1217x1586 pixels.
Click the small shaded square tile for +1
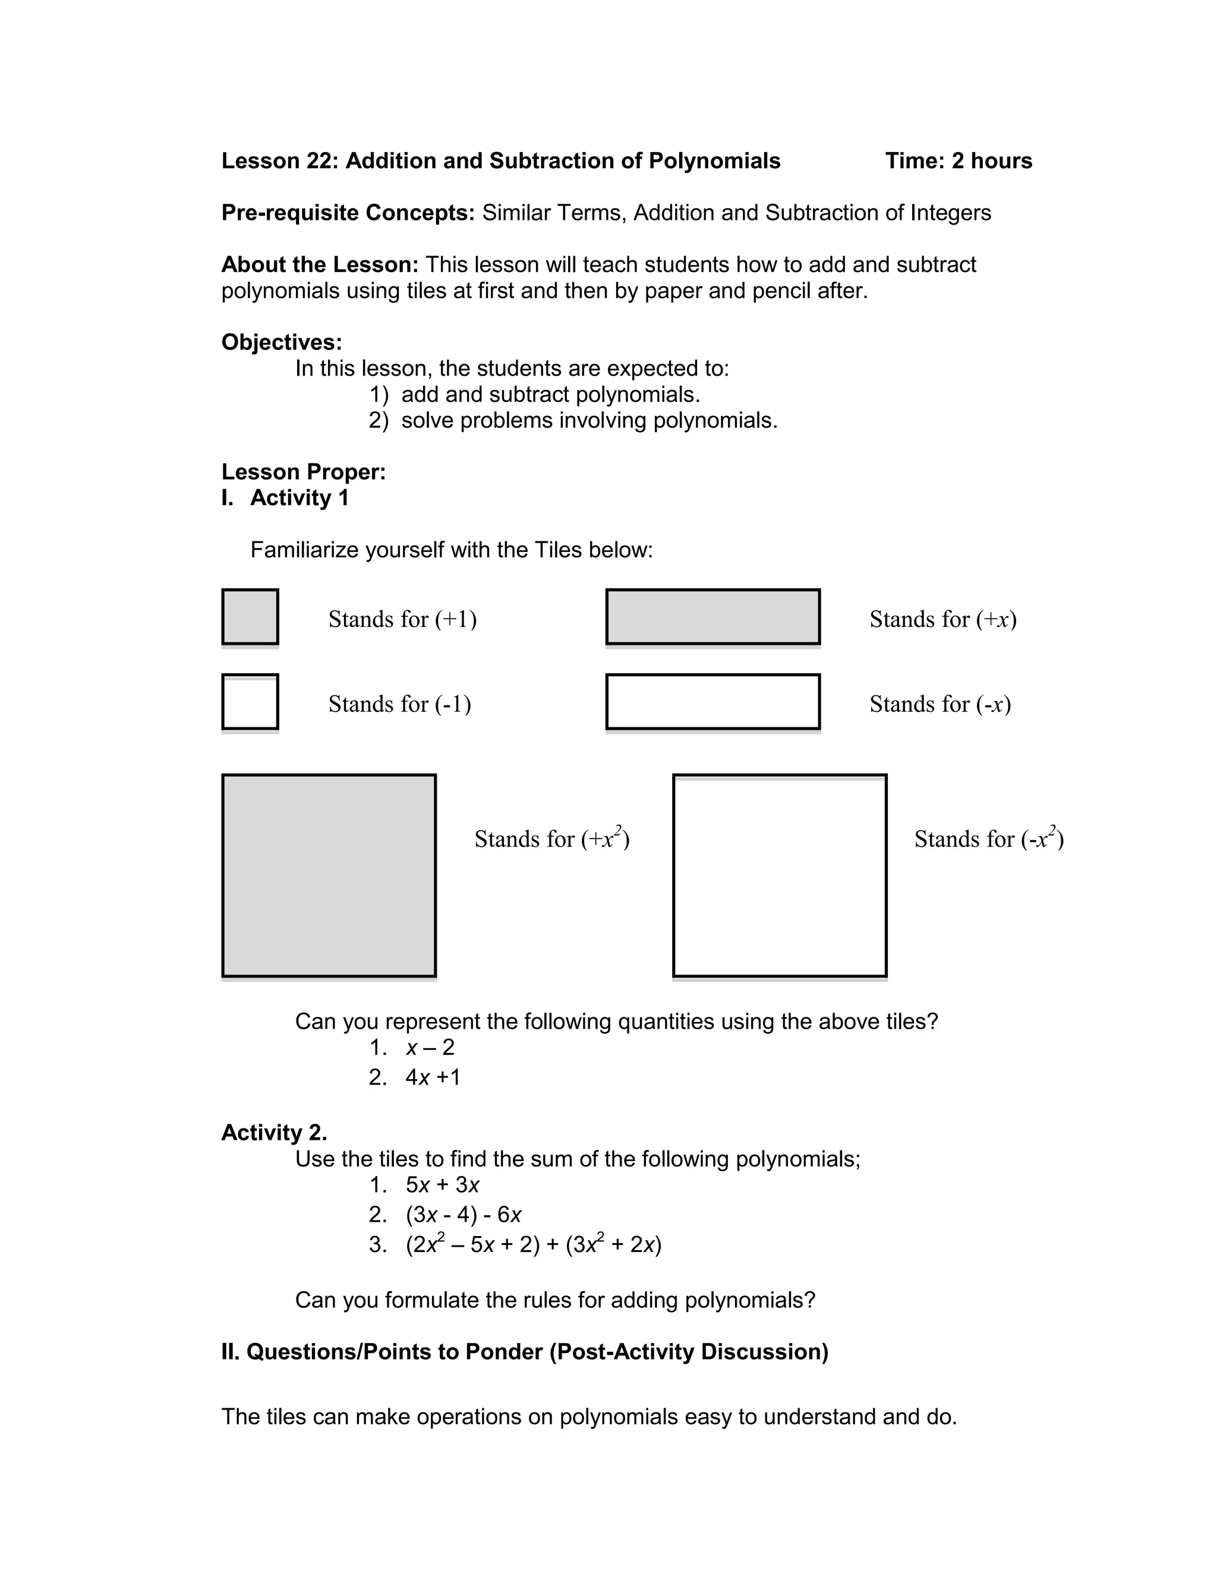click(250, 616)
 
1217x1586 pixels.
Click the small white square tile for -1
click(250, 701)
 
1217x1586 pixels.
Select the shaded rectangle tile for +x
click(713, 616)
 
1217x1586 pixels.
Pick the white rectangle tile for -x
click(713, 701)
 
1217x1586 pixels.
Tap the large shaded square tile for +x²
click(329, 875)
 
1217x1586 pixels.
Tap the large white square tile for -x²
click(780, 875)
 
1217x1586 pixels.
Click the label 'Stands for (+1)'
click(402, 619)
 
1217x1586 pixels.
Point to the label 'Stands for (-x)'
click(939, 704)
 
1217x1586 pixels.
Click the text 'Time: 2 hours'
click(959, 161)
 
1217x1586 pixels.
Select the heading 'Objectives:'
click(281, 342)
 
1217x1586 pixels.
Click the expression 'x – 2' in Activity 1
click(430, 1047)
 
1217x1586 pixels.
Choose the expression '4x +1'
click(433, 1077)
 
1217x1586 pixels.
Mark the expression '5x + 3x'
click(442, 1185)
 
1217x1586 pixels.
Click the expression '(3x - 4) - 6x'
click(463, 1215)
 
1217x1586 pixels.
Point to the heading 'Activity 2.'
click(274, 1132)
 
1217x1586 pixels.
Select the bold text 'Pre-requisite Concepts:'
click(348, 213)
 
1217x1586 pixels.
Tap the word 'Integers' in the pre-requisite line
click(950, 213)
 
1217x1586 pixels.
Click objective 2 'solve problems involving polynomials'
click(588, 420)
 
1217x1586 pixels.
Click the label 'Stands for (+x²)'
click(551, 838)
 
